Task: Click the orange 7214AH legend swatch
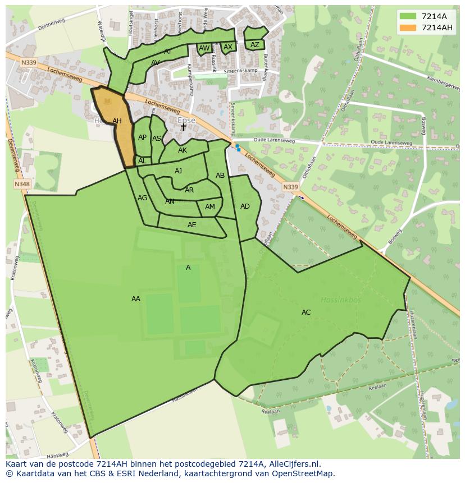coord(408,27)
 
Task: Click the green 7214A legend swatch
coord(408,16)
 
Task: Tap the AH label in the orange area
coord(117,121)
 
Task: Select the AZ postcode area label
coord(255,45)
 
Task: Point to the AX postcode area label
coord(228,47)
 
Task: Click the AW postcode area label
coord(204,48)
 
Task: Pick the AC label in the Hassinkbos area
coord(306,312)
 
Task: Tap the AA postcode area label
coord(136,299)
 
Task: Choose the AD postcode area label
coord(245,206)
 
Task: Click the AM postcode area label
coord(210,207)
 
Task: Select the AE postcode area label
coord(192,225)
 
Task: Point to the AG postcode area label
coord(143,198)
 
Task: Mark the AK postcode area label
coord(183,150)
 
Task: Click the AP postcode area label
coord(142,137)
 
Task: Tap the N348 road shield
coord(22,184)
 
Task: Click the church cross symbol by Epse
coord(183,127)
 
